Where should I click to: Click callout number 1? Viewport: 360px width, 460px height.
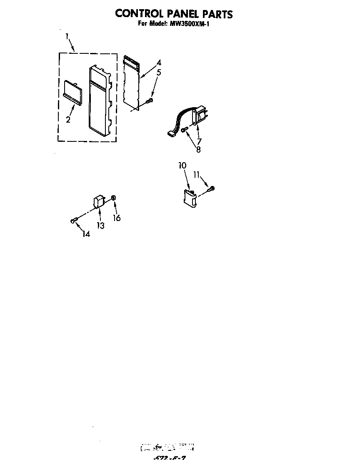click(x=67, y=37)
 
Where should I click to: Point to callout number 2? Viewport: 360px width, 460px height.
click(x=68, y=120)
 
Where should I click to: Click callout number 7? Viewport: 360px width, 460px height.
click(x=199, y=141)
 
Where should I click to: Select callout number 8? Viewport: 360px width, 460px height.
click(x=198, y=150)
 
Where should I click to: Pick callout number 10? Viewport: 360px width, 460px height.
click(x=182, y=166)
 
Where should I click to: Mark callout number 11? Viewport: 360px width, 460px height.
click(x=197, y=175)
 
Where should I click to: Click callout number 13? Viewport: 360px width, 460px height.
click(x=100, y=226)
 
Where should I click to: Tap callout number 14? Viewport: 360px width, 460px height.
click(x=86, y=234)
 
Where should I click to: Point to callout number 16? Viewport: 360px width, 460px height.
click(x=117, y=218)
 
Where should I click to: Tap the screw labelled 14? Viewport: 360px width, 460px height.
click(x=74, y=221)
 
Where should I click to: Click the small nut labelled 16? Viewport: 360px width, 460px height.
click(x=114, y=198)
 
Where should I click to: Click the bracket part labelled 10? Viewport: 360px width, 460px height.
click(x=190, y=196)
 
